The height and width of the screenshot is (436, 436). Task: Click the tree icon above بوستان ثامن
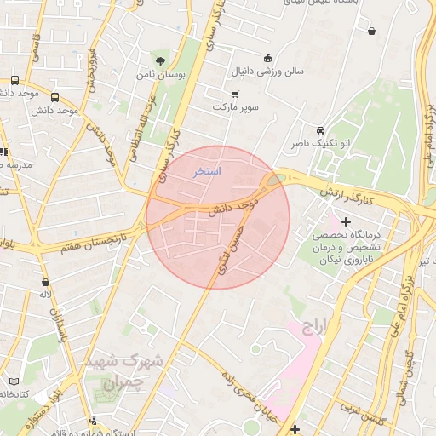click(x=159, y=60)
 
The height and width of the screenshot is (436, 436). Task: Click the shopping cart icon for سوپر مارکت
click(x=235, y=94)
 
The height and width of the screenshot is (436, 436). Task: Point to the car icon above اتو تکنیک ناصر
click(x=319, y=131)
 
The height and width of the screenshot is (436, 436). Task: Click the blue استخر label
click(x=207, y=172)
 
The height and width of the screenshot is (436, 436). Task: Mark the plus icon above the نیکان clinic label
click(x=346, y=221)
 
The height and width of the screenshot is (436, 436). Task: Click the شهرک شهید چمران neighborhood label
click(x=129, y=371)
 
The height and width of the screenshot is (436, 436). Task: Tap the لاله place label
click(x=46, y=295)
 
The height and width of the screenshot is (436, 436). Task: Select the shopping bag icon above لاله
click(x=45, y=281)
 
